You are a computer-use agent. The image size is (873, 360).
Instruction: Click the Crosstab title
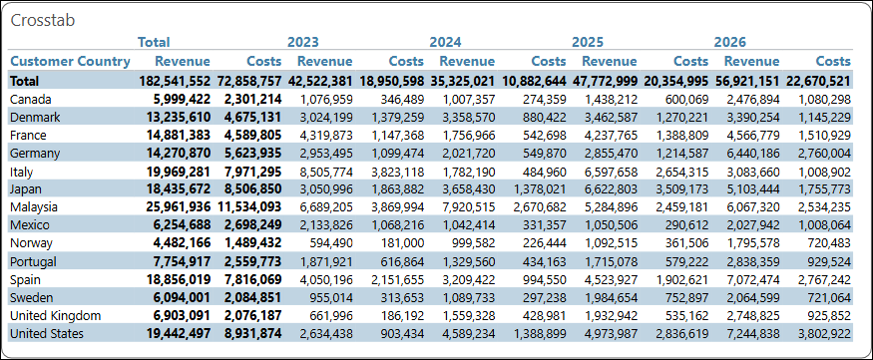point(43,21)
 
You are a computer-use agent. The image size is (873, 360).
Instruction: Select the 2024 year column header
point(445,42)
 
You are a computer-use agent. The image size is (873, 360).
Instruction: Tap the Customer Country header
point(70,61)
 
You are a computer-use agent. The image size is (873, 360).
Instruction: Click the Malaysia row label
point(34,207)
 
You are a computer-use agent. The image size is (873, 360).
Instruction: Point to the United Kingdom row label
point(56,315)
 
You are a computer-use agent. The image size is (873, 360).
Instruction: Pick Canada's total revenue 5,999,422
point(175,99)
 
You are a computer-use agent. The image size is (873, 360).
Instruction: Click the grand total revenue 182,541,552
point(175,81)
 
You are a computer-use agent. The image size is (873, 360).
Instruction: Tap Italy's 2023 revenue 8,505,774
point(326,171)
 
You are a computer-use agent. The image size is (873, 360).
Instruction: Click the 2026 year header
point(730,42)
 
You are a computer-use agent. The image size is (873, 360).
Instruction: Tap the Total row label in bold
point(25,81)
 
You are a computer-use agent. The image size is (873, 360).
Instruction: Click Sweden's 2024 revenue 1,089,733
point(468,298)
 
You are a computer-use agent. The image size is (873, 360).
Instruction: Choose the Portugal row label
point(33,261)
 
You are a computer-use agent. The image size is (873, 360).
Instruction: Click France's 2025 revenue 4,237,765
point(611,135)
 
